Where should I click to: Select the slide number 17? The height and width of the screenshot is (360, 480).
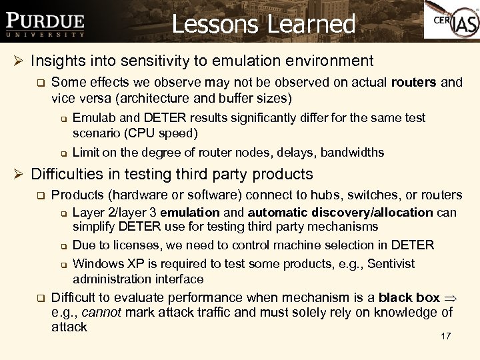pos(446,336)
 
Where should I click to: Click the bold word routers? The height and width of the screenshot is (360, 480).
pos(415,83)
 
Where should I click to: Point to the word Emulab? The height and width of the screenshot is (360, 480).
pos(93,118)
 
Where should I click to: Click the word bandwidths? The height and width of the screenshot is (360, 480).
pos(353,152)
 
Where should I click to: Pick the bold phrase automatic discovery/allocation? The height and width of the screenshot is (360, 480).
pos(340,213)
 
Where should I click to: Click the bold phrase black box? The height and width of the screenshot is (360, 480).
pos(409,297)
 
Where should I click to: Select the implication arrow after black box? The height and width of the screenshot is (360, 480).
pos(451,298)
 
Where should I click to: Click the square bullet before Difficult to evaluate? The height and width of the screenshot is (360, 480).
pos(40,298)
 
